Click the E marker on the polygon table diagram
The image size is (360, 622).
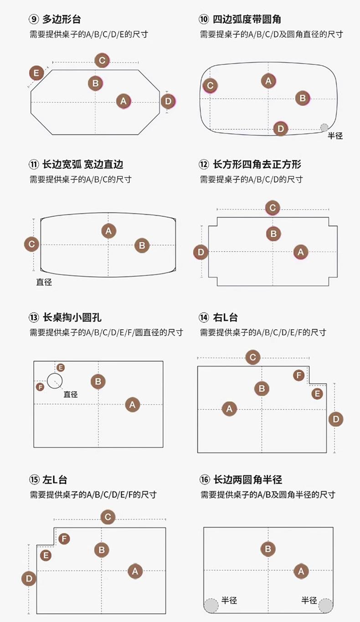(36, 73)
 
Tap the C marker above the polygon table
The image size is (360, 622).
(102, 60)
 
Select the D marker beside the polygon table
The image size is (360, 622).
(168, 101)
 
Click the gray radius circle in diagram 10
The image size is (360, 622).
(324, 127)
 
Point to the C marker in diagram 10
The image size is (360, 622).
(210, 85)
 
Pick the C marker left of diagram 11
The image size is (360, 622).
(31, 244)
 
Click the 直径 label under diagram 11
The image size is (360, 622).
(44, 282)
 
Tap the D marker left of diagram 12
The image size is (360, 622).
(201, 252)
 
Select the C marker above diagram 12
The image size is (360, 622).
(273, 208)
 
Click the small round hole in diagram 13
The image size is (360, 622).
(55, 381)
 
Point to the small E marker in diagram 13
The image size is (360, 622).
(61, 368)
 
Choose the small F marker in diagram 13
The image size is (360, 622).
(40, 387)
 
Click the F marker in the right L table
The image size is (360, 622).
(299, 375)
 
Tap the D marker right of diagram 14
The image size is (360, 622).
(336, 419)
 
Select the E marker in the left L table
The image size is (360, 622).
(46, 555)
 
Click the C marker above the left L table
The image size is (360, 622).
(108, 517)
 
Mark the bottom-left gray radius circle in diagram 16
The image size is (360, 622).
(211, 606)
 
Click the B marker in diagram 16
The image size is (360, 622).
(268, 549)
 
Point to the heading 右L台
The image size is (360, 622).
(225, 317)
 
